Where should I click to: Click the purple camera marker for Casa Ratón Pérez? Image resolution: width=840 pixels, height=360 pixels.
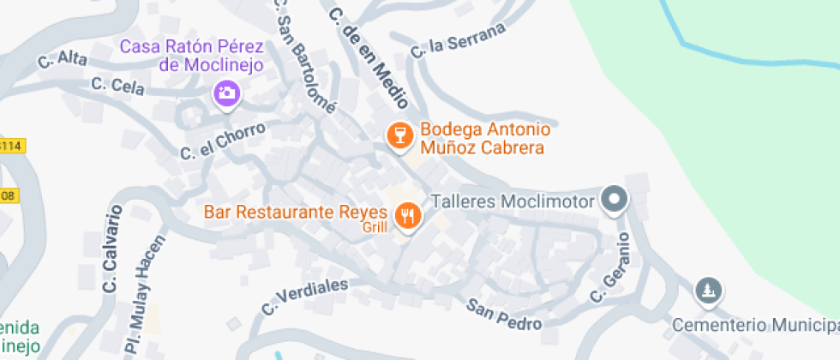(x=227, y=93)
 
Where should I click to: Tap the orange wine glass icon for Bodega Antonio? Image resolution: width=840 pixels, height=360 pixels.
(x=399, y=135)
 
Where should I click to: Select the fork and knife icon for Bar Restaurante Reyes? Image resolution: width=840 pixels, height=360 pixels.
(x=408, y=216)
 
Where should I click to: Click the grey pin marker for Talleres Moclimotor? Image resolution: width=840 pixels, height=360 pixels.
(x=614, y=201)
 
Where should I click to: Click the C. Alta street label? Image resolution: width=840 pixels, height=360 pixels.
(x=63, y=61)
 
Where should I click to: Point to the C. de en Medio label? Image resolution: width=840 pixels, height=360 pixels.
(x=367, y=57)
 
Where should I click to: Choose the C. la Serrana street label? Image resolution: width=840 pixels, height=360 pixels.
(x=457, y=39)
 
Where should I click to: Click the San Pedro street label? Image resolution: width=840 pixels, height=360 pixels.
(x=505, y=315)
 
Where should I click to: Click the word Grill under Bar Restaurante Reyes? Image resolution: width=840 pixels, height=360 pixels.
(x=375, y=228)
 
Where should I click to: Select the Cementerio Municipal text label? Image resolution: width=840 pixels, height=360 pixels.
(x=754, y=325)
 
